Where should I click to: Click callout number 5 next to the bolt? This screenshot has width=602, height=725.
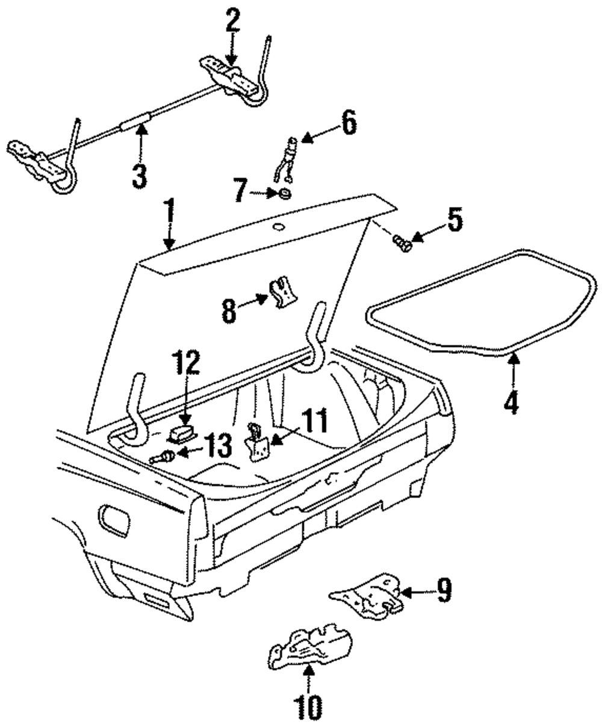click(x=455, y=220)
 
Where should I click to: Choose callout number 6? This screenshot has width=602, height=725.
click(x=348, y=122)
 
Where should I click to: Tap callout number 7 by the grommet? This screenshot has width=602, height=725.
click(x=240, y=190)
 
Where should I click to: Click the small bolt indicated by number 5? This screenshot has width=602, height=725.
click(x=402, y=243)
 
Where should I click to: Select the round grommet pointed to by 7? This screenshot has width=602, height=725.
click(x=285, y=193)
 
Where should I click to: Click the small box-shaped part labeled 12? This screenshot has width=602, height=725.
click(x=182, y=434)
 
